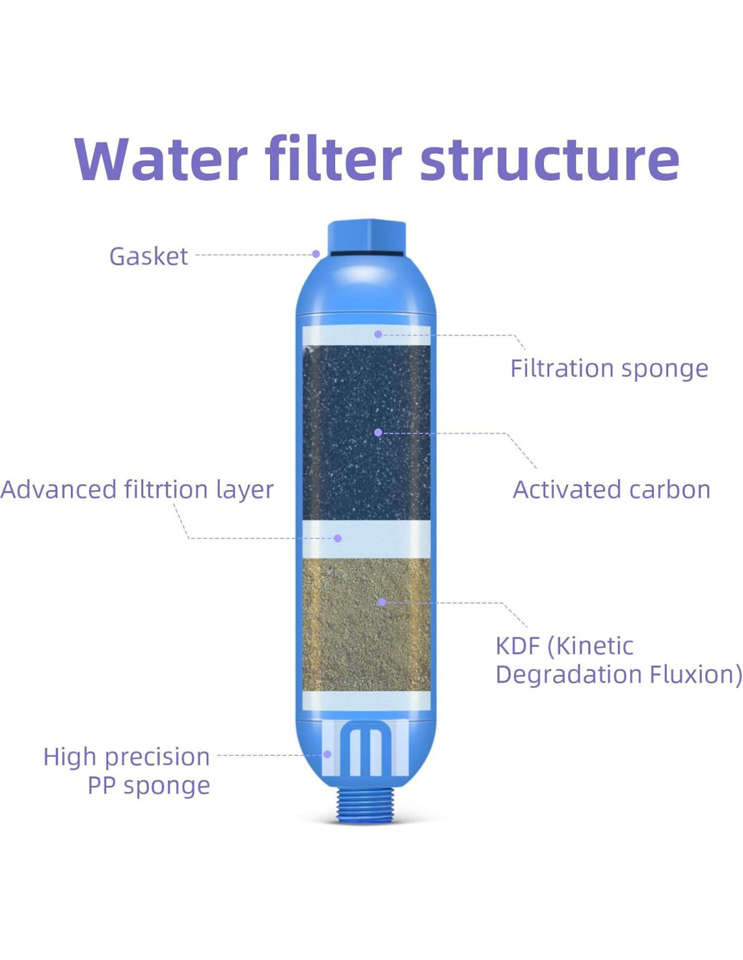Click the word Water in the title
coord(160,159)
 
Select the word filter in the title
coord(333,159)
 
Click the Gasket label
coord(148,257)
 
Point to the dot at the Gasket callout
coord(315,254)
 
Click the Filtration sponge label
coord(609,369)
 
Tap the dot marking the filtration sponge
coord(378,334)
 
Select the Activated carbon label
coord(611,489)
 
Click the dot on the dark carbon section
coord(378,432)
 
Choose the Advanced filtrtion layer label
coord(137,489)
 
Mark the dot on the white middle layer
coord(337,538)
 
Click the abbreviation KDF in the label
coord(517,646)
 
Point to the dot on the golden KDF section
coord(382,602)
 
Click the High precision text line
coord(126,757)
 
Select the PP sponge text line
coord(149,785)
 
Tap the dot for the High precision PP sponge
coord(327,754)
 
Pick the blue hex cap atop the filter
coord(366,236)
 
